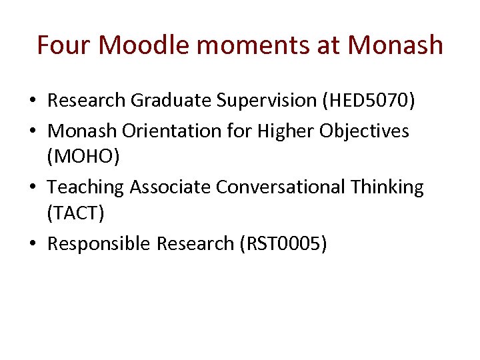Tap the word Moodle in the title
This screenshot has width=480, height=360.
[147, 45]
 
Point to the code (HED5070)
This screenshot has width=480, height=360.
[368, 101]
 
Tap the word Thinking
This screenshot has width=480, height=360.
[389, 187]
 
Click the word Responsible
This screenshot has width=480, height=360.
[99, 244]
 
